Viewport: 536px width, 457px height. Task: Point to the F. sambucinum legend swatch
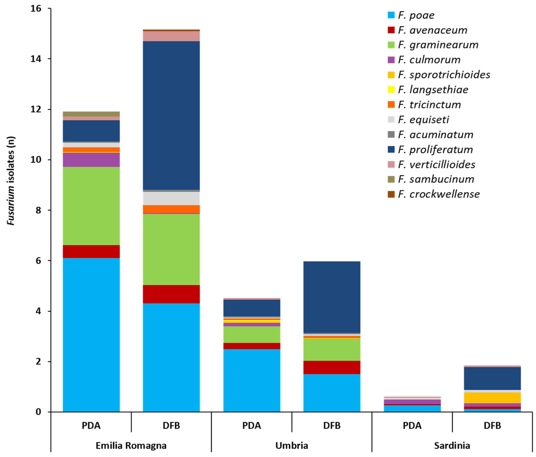coord(391,179)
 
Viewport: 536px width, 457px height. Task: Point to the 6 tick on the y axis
coord(38,261)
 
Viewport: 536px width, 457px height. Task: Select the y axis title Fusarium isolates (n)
coord(11,181)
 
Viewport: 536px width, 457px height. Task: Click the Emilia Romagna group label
coord(131,445)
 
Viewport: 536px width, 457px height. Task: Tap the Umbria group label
coord(292,445)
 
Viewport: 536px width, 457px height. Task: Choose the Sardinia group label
coord(452,445)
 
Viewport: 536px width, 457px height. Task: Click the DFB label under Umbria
coord(332,425)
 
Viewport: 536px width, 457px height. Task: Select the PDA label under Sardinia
coord(412,425)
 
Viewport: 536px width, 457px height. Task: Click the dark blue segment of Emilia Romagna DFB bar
coord(171,115)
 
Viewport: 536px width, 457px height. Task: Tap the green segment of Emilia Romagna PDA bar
coord(91,206)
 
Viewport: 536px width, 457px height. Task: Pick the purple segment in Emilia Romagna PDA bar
coord(91,160)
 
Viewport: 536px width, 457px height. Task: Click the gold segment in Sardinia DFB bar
coord(492,398)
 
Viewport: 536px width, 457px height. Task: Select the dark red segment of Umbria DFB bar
coord(332,367)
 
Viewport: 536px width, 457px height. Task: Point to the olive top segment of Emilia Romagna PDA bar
coord(91,114)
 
